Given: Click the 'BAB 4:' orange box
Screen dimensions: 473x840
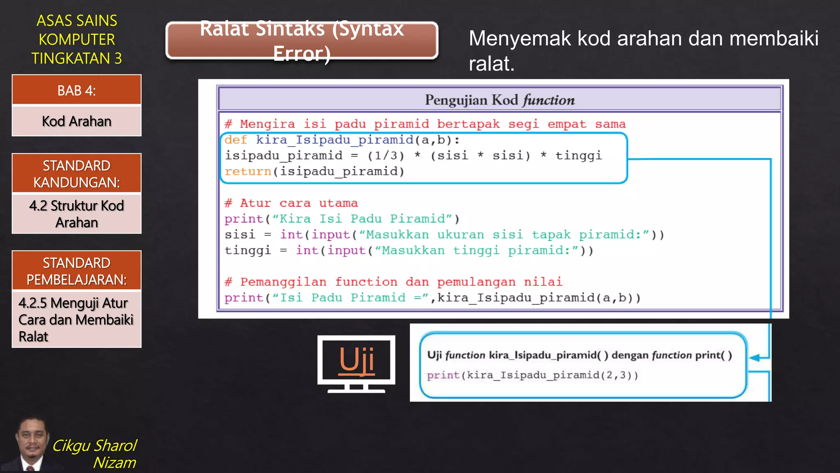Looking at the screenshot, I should (77, 90).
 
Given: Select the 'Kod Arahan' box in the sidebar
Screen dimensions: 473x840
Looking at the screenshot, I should (77, 122).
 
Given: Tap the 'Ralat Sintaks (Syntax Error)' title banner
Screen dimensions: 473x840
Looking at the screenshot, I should (302, 41).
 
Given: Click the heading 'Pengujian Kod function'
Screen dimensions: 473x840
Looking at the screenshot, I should (500, 100).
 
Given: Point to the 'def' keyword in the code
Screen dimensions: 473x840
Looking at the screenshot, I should (236, 140).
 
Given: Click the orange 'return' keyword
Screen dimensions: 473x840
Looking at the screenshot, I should (248, 172).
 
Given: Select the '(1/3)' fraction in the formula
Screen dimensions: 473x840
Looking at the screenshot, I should (386, 156).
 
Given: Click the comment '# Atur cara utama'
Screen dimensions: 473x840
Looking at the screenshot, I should (291, 203).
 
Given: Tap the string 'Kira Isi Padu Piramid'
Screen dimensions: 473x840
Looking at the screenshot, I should (362, 219).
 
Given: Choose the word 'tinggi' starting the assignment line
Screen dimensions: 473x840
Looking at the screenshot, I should (248, 250).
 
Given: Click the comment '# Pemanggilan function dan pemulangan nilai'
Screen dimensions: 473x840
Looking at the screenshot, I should (393, 282).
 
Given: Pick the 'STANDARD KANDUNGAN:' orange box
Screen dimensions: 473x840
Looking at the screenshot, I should (77, 174).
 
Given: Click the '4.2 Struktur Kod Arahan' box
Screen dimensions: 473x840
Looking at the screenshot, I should (77, 214).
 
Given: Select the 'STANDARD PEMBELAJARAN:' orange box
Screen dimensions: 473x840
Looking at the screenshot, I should (77, 271).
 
